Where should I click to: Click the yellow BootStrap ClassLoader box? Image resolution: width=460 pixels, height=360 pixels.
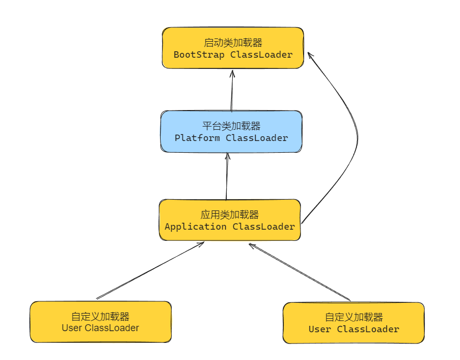point(233,48)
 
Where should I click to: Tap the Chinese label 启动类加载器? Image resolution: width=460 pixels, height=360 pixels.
point(233,42)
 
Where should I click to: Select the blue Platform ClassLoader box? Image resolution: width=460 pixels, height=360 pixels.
point(232,131)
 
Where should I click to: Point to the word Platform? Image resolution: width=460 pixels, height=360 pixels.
point(197,138)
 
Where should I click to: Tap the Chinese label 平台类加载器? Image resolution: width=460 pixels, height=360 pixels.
point(232,126)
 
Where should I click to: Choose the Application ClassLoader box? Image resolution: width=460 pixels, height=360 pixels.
point(229,220)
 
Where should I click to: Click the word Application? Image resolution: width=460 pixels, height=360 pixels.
point(195,226)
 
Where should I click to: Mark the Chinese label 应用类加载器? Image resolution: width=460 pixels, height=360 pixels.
point(229,215)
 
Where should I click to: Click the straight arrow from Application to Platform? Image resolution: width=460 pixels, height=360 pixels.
point(227,176)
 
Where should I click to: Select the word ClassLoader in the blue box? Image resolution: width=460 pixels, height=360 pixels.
point(257,138)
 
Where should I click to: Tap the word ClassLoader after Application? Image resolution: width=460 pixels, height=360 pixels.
point(264,226)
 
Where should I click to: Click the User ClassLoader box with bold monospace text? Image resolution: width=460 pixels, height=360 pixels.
point(353,323)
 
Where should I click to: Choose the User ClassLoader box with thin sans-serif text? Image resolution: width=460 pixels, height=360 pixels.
point(100,322)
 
